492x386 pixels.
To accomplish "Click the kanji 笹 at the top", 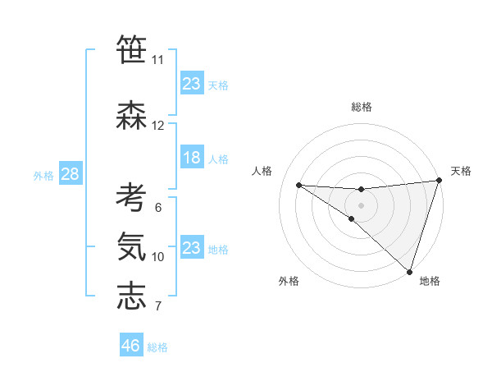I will [131, 50].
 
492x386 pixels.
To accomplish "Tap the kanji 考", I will [131, 198].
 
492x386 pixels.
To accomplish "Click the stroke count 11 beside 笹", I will [157, 60].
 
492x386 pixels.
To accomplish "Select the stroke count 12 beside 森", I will [157, 126].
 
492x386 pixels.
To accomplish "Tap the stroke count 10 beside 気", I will [157, 257].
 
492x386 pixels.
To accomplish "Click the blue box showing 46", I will [130, 346].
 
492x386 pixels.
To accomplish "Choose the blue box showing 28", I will [70, 174].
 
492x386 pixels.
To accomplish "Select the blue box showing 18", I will [191, 158].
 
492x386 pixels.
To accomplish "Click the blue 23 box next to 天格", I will [191, 84].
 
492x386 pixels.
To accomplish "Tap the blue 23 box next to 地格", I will [191, 248].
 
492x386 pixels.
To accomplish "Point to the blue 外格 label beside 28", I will [43, 175].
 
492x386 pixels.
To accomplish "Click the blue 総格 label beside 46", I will [157, 347].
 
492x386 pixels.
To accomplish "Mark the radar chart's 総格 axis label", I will [362, 107].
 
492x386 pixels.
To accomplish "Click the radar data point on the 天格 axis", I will [439, 181].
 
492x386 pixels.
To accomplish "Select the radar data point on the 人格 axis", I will [298, 184].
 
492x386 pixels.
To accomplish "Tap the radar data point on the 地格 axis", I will [409, 271].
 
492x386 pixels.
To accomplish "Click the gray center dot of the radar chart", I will [362, 204].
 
